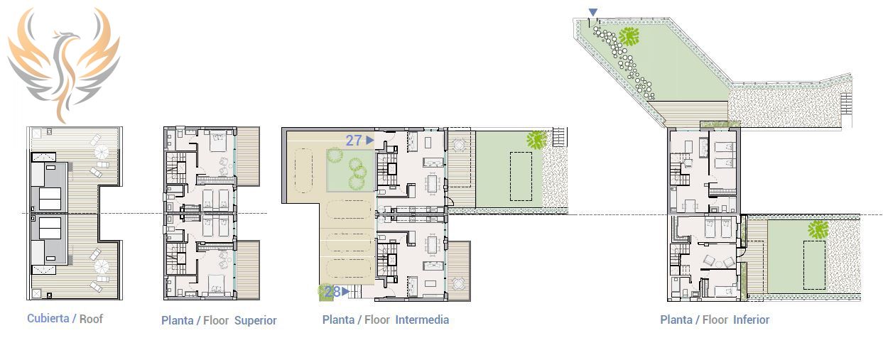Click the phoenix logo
click(64, 63)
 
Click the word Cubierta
click(48, 318)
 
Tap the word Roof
click(91, 319)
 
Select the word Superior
click(256, 321)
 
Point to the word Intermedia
click(422, 320)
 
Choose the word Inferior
click(752, 320)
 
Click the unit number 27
click(354, 140)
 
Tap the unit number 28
click(332, 292)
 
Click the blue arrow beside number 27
click(370, 140)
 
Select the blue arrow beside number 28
click(346, 291)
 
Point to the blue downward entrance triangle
click(593, 13)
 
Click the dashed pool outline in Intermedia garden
click(521, 177)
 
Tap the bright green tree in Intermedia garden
click(537, 140)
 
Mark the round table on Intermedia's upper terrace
click(459, 146)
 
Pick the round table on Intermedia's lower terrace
click(458, 283)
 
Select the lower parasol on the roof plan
click(102, 267)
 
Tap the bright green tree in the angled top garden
click(629, 37)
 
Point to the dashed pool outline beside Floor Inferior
click(814, 265)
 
